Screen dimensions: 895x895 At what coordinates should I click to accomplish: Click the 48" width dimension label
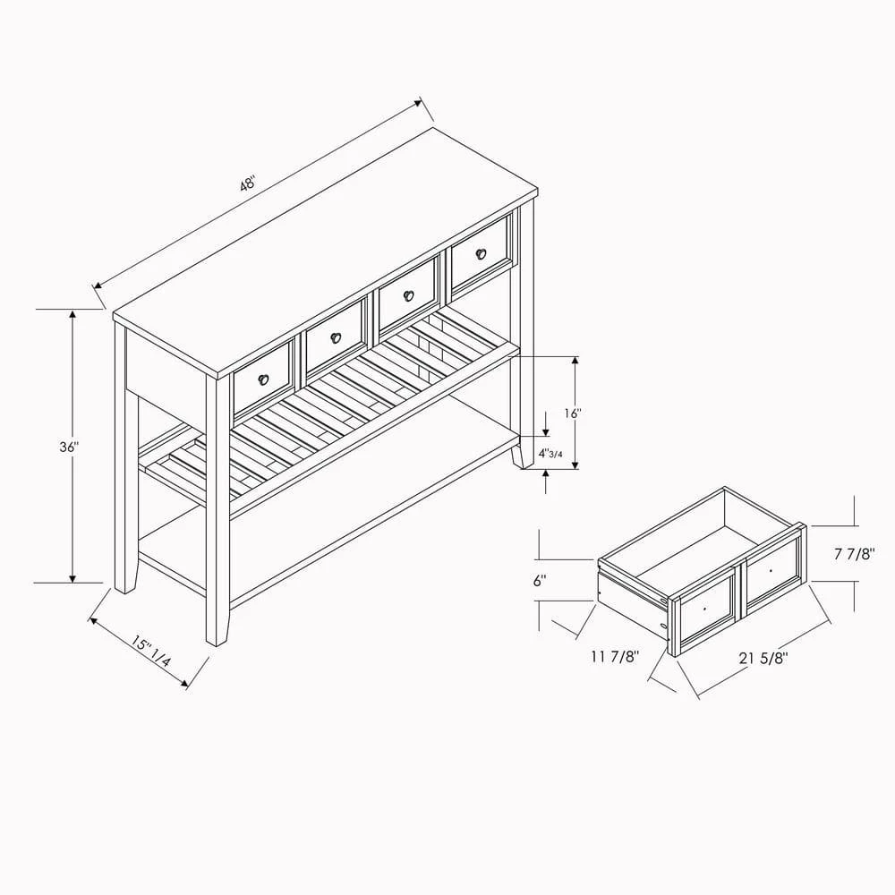pyautogui.click(x=247, y=184)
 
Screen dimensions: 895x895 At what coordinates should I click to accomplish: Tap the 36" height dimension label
pyautogui.click(x=69, y=447)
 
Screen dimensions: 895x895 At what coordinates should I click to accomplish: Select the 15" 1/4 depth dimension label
pyautogui.click(x=150, y=652)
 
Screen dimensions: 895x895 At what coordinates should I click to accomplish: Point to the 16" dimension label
pyautogui.click(x=572, y=413)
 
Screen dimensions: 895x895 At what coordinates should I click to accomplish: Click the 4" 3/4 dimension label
pyautogui.click(x=550, y=453)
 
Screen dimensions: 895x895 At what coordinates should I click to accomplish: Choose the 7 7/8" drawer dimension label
pyautogui.click(x=855, y=554)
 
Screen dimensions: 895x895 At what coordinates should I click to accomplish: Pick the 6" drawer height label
pyautogui.click(x=540, y=581)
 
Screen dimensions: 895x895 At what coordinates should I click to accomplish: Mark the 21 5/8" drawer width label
pyautogui.click(x=763, y=658)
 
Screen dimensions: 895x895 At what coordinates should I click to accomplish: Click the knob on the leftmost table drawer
pyautogui.click(x=263, y=379)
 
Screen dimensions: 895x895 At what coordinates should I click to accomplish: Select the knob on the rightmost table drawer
pyautogui.click(x=481, y=253)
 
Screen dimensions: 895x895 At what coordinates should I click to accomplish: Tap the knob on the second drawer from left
pyautogui.click(x=336, y=337)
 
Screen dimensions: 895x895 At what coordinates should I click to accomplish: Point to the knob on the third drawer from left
pyautogui.click(x=408, y=295)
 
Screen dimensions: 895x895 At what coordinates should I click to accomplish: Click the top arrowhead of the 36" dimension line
pyautogui.click(x=72, y=314)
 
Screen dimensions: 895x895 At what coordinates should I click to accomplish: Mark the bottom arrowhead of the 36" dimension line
pyautogui.click(x=72, y=578)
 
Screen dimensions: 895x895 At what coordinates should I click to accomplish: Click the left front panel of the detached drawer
pyautogui.click(x=705, y=610)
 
